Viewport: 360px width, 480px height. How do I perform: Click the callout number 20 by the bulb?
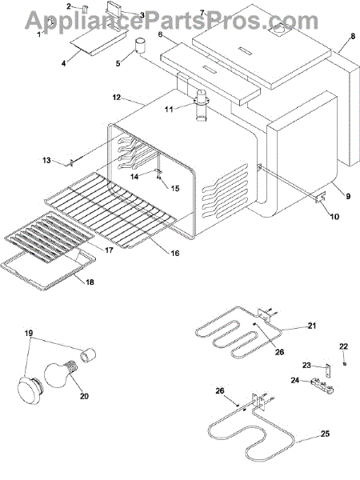[x=84, y=396]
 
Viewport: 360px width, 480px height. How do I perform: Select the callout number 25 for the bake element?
[x=325, y=434]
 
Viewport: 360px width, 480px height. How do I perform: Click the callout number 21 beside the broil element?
[x=312, y=326]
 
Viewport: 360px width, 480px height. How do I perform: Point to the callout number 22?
[x=343, y=346]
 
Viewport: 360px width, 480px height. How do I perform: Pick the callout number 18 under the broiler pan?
[x=90, y=282]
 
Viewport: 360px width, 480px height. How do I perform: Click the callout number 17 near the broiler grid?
[x=109, y=250]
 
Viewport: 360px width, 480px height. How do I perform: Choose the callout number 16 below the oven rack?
[x=174, y=253]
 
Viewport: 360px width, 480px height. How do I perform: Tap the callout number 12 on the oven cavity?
[x=117, y=98]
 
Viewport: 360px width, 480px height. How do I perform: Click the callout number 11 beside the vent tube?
[x=169, y=109]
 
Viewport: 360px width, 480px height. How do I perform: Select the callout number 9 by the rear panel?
[x=348, y=196]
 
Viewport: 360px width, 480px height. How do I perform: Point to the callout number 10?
[x=334, y=217]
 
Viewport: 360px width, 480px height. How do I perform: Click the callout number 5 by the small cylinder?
[x=118, y=63]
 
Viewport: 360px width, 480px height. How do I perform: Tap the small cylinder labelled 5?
[x=141, y=46]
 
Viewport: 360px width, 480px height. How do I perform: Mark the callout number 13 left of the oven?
[x=46, y=160]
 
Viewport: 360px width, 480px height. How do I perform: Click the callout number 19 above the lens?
[x=29, y=333]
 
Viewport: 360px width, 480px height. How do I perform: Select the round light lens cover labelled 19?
[x=30, y=388]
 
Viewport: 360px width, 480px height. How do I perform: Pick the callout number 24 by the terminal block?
[x=295, y=380]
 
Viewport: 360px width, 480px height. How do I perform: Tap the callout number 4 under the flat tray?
[x=63, y=63]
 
